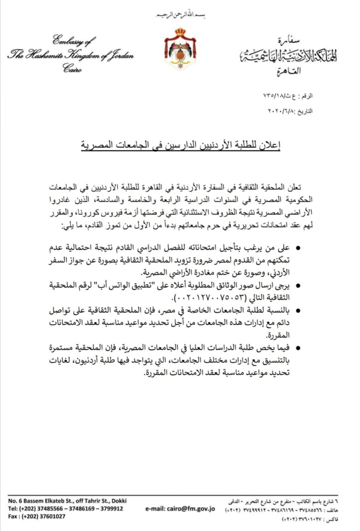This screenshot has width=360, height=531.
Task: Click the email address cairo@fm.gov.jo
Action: (x=180, y=509)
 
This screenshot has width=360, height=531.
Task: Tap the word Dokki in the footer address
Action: (x=118, y=501)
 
